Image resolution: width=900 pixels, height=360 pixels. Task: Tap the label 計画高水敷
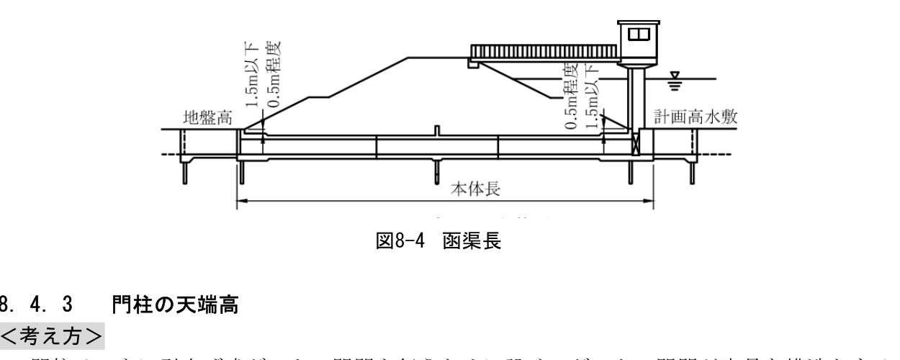tap(696, 119)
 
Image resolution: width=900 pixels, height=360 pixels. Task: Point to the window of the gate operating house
tap(639, 33)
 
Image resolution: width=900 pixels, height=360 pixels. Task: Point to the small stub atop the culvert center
tap(437, 130)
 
